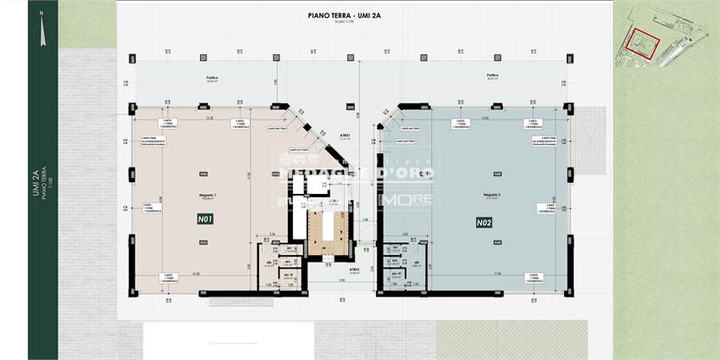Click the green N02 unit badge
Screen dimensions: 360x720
pos(484,223)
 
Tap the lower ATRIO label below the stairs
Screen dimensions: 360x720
pos(342,270)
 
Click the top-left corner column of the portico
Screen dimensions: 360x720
pos(132,58)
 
